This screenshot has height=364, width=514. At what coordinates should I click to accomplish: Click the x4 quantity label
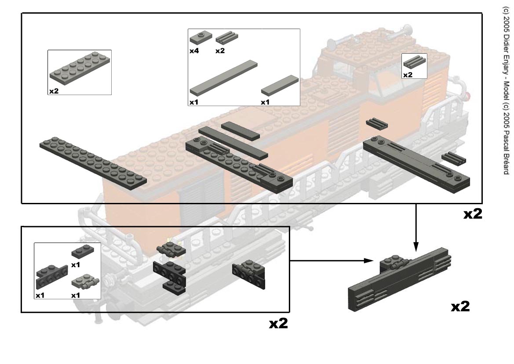click(x=194, y=51)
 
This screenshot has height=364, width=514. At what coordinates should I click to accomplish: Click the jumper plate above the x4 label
click(x=200, y=37)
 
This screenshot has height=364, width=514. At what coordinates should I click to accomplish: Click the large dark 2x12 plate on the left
click(x=93, y=162)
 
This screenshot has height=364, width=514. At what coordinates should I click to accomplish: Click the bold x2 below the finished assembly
click(x=460, y=307)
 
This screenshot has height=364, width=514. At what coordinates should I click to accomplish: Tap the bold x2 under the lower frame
click(x=278, y=324)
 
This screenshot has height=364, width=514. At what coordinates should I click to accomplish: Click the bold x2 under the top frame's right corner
click(x=473, y=214)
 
